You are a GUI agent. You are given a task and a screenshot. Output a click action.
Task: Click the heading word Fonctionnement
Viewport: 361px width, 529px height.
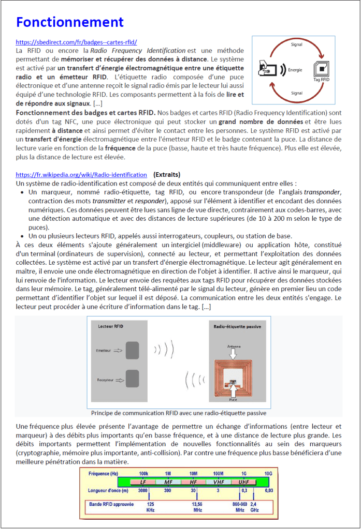tap(70, 22)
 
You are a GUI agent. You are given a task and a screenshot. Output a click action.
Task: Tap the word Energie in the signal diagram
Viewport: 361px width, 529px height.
tap(295, 69)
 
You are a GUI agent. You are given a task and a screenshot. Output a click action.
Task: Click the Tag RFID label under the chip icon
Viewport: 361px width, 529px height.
tap(321, 80)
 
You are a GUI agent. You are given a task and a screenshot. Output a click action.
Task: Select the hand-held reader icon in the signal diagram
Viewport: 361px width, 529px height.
tap(269, 68)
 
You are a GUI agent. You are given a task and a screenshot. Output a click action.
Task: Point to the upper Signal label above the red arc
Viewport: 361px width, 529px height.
tap(297, 45)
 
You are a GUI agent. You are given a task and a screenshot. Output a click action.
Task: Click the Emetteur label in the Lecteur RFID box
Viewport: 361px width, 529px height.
tap(104, 350)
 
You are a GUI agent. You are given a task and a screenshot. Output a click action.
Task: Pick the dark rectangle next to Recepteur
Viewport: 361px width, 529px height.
tap(132, 380)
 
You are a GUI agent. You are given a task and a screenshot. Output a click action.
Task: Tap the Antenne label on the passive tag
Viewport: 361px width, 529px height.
tap(234, 347)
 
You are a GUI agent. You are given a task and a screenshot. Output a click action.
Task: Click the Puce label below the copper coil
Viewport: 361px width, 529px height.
tap(234, 399)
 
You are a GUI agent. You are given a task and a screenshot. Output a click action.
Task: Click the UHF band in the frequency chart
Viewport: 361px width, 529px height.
tap(244, 481)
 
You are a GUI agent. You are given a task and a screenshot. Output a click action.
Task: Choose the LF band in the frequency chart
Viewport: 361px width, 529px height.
tap(143, 481)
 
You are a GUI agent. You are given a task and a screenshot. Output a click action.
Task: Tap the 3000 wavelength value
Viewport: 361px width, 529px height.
tap(143, 490)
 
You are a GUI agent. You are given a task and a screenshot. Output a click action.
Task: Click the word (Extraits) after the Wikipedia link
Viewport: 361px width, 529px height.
tap(167, 175)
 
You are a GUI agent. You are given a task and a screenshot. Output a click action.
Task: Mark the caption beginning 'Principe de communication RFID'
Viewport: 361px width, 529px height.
tap(179, 413)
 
